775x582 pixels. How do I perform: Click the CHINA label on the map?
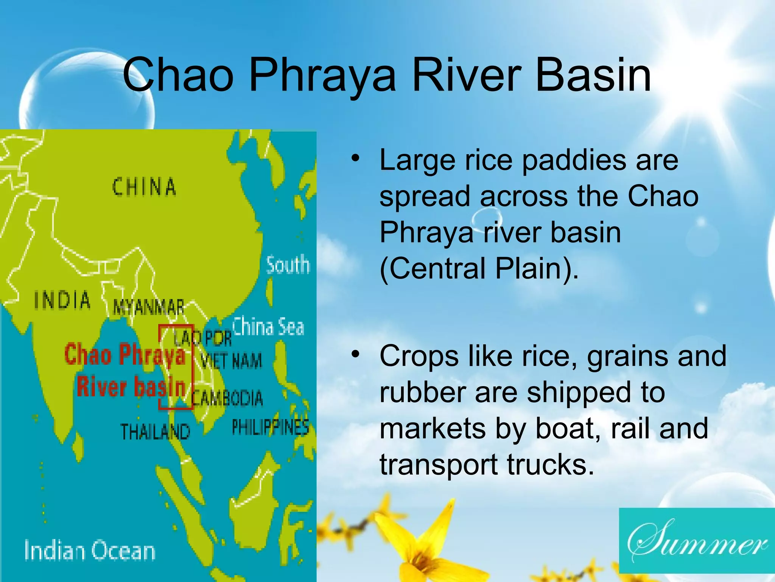click(x=144, y=187)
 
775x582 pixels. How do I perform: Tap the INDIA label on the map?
click(x=62, y=300)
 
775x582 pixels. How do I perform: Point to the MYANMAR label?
click(x=149, y=307)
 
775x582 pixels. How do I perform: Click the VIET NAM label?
click(x=231, y=361)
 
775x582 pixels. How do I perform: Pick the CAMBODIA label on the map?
click(x=227, y=398)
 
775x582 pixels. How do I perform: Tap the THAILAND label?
click(x=155, y=432)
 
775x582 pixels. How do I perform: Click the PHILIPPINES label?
click(x=270, y=427)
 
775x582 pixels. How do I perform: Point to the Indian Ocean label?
click(x=90, y=551)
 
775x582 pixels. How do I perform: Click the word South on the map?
click(x=288, y=265)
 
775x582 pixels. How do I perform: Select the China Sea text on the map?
click(x=268, y=327)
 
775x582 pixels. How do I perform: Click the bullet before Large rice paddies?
click(x=355, y=158)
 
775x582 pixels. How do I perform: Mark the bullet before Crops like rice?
click(x=355, y=354)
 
